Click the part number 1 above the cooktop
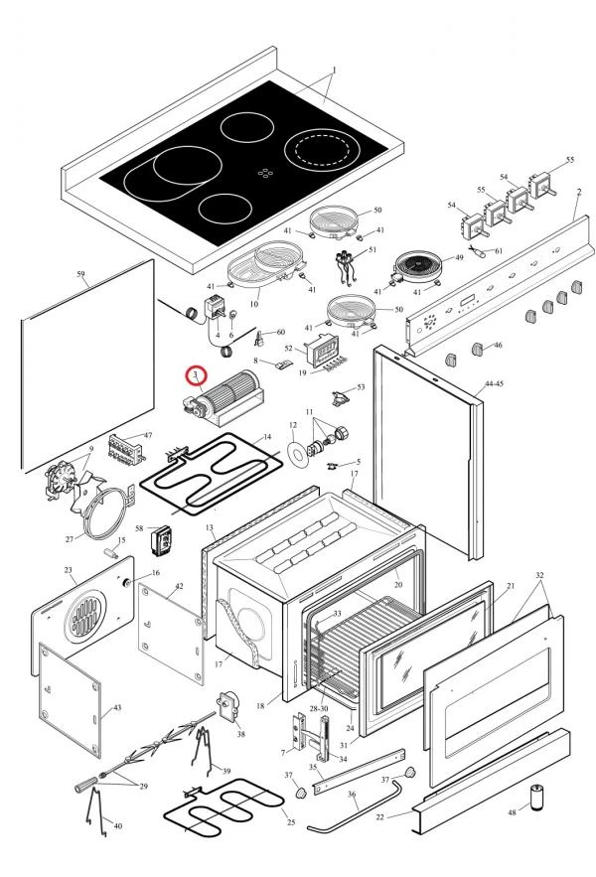(334, 70)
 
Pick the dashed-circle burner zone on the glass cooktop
(323, 151)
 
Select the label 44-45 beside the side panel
(495, 382)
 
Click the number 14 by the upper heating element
(266, 437)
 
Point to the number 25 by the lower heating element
(291, 822)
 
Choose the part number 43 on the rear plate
(117, 707)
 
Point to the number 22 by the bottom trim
(379, 816)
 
